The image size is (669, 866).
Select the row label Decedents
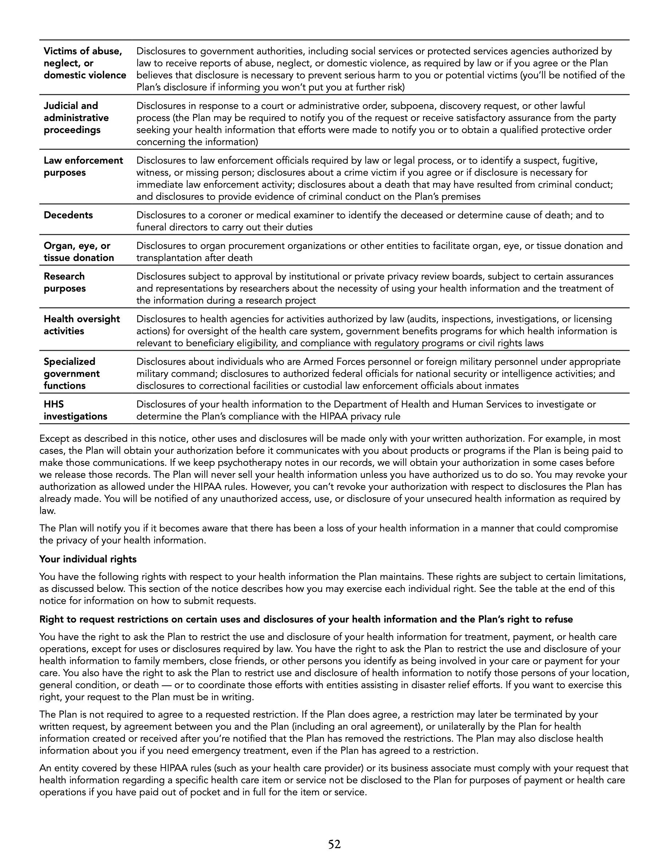click(68, 215)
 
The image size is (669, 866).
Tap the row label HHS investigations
click(75, 410)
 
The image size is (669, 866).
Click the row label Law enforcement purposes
click(83, 167)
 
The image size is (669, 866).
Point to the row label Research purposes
click(64, 282)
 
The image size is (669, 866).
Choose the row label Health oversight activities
click(82, 325)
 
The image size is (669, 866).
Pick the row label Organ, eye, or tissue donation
click(78, 252)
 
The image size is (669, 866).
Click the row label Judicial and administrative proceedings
click(76, 118)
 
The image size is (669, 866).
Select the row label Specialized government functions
click(72, 374)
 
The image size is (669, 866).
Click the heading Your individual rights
click(87, 559)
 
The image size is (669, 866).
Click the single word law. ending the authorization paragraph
click(47, 511)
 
